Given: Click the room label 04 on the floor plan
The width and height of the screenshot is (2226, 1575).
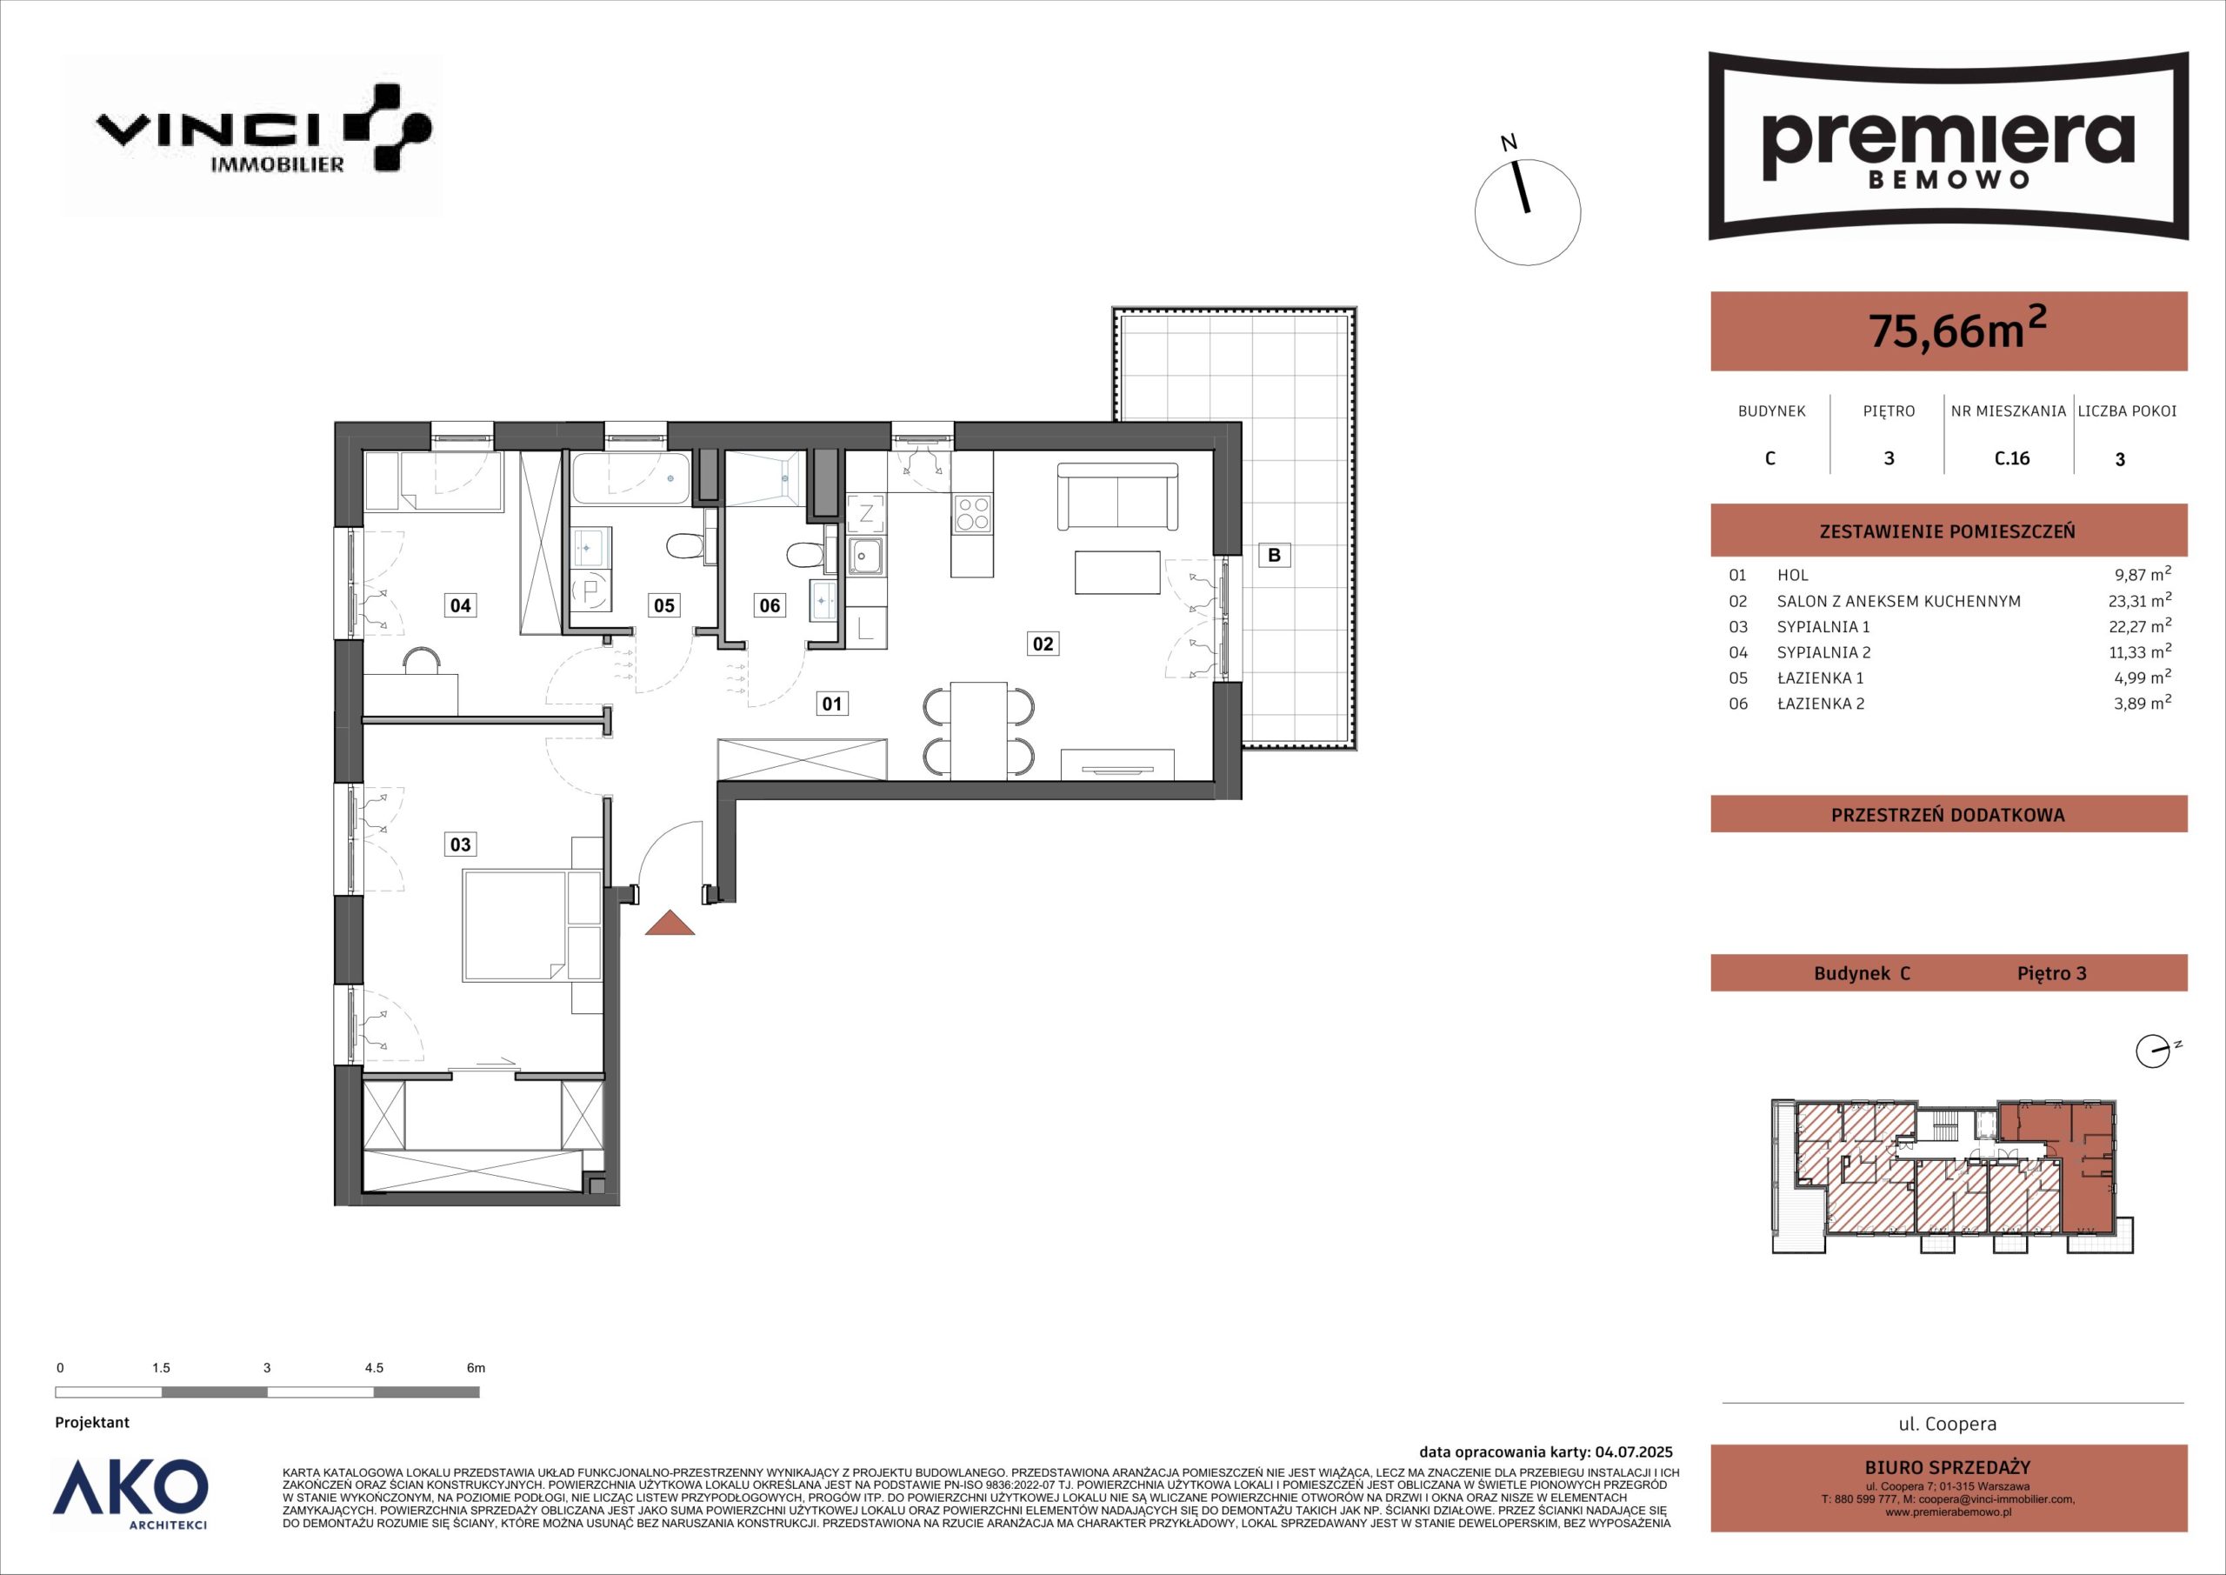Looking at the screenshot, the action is pos(461,605).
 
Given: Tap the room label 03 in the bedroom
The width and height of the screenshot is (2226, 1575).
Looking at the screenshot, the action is pos(461,844).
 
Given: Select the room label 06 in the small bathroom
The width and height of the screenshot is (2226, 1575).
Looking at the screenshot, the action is pos(770,605).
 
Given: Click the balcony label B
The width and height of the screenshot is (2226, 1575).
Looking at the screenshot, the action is pos(1275,555).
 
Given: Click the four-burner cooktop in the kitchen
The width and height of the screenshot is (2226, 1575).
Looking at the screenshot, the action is pos(972,513).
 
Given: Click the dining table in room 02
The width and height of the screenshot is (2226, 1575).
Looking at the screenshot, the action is pos(979,730).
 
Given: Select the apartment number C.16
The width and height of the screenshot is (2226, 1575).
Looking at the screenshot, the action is pos(2012,457).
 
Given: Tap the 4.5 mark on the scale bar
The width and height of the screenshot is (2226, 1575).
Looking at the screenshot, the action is pos(373,1367).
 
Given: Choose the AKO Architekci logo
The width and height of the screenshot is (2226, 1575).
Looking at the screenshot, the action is pos(130,1498).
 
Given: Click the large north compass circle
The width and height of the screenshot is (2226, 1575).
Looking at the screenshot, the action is pos(1528,212).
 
